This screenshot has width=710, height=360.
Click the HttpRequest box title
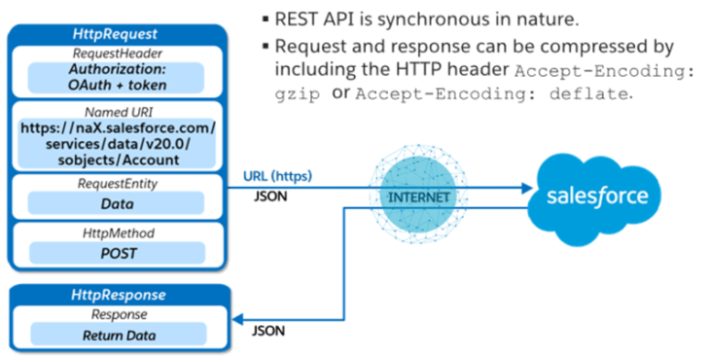click(x=118, y=33)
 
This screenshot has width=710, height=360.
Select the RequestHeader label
click(x=118, y=54)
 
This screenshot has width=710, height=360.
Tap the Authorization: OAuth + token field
click(x=118, y=77)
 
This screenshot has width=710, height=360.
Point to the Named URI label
click(x=118, y=111)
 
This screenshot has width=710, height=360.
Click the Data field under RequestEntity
click(x=118, y=204)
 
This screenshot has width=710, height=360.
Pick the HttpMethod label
click(x=118, y=234)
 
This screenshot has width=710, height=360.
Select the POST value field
click(x=118, y=254)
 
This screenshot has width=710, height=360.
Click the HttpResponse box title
click(x=118, y=295)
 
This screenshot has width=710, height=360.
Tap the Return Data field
click(x=118, y=336)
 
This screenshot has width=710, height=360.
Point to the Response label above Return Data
click(x=118, y=314)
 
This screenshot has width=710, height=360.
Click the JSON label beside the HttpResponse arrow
click(x=268, y=330)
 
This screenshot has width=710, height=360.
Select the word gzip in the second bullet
click(x=296, y=94)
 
